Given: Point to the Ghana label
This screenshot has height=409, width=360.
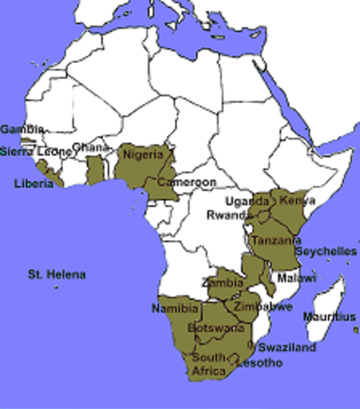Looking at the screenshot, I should [91, 147].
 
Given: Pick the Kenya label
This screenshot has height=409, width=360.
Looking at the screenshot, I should [292, 200].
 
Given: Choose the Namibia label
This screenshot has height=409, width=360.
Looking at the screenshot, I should [175, 307].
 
